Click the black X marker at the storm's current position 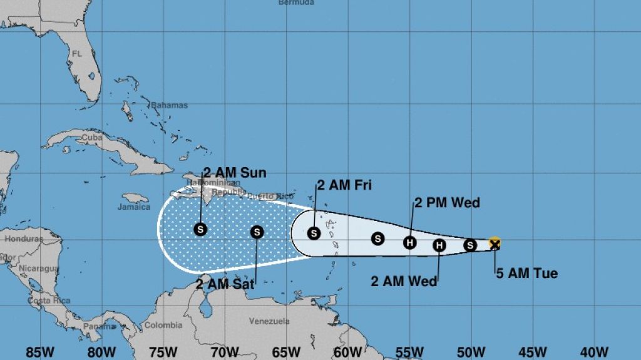point(495,244)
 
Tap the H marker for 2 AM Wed point(439,245)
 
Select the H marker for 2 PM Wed point(409,242)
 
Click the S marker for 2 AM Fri point(314,234)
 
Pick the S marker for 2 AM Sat point(257,232)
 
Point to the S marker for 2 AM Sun point(200,229)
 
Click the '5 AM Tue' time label point(526,273)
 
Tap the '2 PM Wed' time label point(447,202)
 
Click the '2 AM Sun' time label point(235,173)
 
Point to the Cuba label point(92,137)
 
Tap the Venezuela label point(269,321)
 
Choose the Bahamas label point(169,105)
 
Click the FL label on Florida point(76,54)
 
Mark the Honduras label point(24,239)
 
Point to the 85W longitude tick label point(40,352)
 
